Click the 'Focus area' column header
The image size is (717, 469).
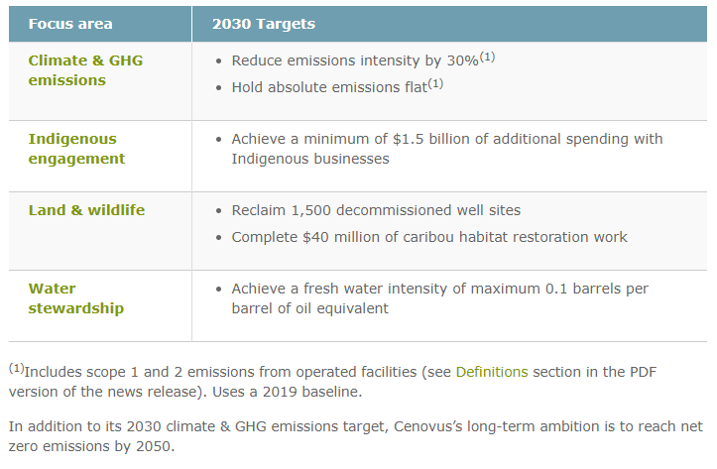click(x=70, y=24)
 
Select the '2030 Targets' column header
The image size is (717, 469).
click(x=264, y=24)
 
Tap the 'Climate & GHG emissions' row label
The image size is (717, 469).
click(x=85, y=70)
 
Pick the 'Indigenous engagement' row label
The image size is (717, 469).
click(x=76, y=149)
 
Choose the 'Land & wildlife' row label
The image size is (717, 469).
click(x=86, y=210)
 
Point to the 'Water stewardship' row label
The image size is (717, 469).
click(x=76, y=298)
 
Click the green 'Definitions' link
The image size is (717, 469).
click(x=492, y=372)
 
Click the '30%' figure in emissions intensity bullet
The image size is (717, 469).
click(x=462, y=60)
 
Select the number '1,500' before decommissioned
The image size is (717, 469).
click(x=311, y=210)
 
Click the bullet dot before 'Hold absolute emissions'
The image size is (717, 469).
click(x=219, y=88)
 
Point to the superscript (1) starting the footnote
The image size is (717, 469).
click(x=17, y=368)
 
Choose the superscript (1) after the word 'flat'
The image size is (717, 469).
click(x=435, y=84)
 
